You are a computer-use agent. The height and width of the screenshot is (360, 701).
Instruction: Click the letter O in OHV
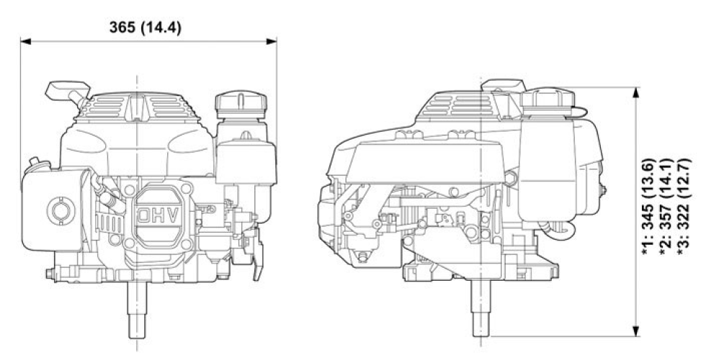click(x=144, y=214)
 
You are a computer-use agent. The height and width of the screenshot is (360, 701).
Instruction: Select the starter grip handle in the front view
click(x=63, y=92)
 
